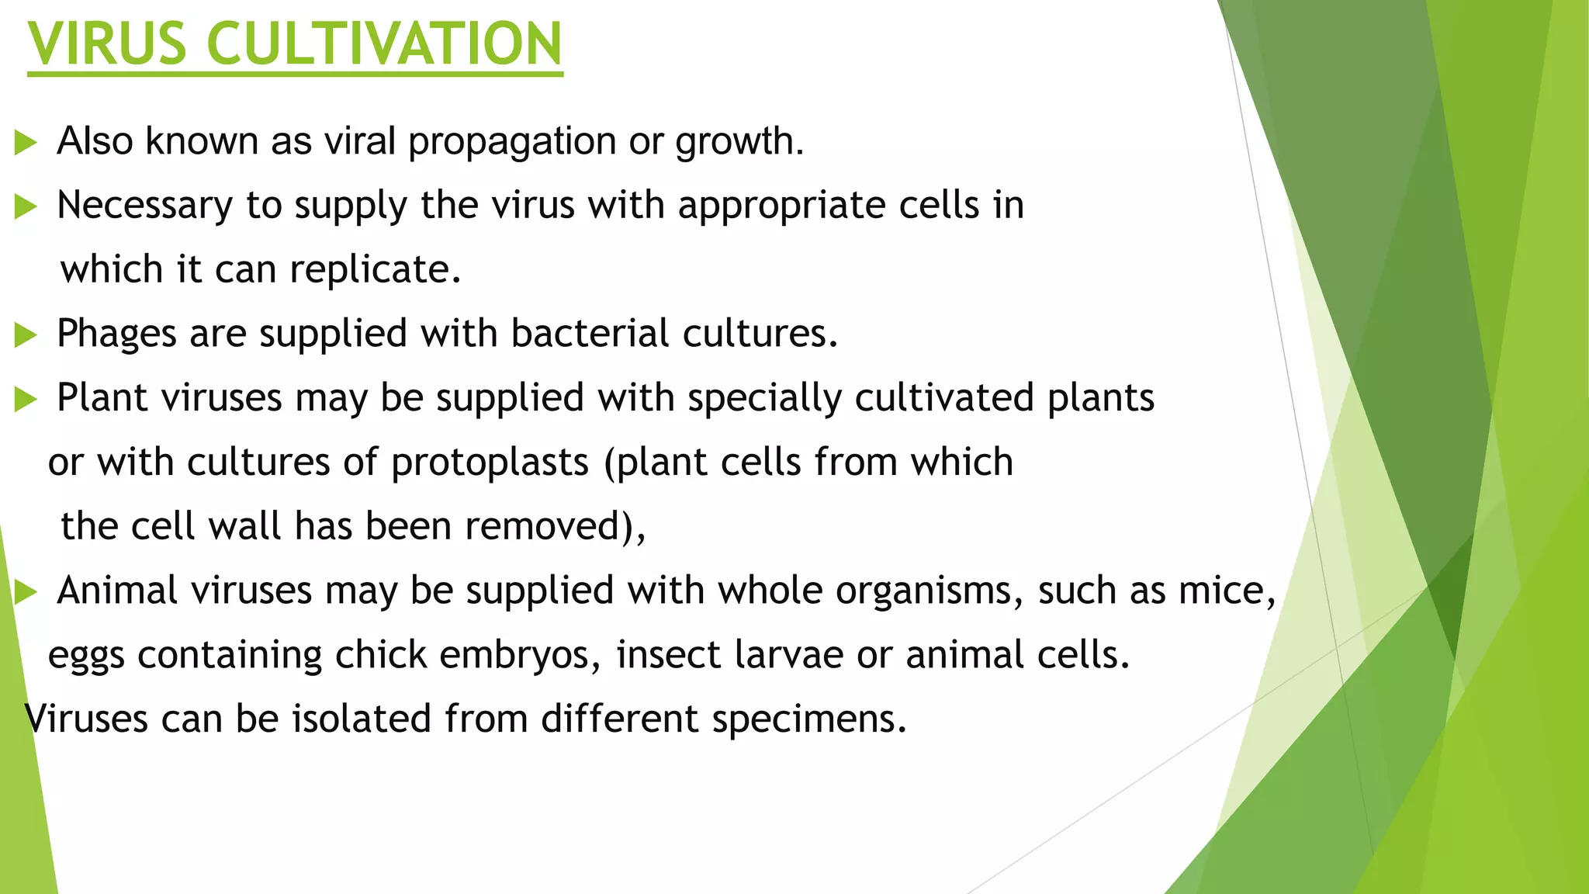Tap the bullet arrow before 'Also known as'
[x=26, y=143]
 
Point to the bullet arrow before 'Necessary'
[x=26, y=207]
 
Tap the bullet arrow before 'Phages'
[x=26, y=335]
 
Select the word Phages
[x=116, y=334]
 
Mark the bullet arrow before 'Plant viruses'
[x=26, y=400]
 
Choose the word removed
[x=544, y=526]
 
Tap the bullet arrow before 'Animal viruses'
[x=26, y=592]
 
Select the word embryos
[x=518, y=656]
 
